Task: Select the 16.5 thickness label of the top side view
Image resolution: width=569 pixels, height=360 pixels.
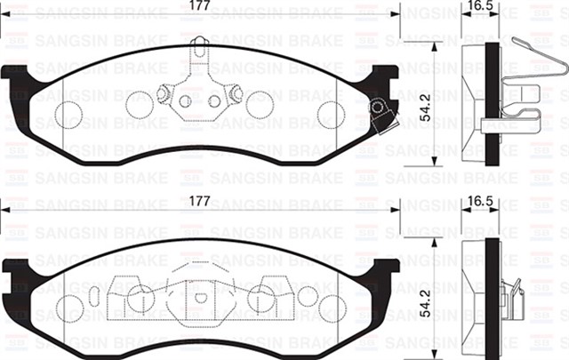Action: click(x=481, y=7)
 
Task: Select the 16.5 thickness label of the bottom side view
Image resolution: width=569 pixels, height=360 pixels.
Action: click(x=481, y=202)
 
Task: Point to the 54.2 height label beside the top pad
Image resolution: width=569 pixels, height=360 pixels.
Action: click(x=426, y=107)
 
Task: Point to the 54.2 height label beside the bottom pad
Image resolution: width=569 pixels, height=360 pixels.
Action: click(x=426, y=304)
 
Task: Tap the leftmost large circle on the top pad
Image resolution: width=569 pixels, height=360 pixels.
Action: click(x=68, y=111)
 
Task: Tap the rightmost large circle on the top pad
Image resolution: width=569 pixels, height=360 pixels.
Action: click(x=330, y=113)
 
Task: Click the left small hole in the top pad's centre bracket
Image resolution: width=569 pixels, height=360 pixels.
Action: click(x=185, y=101)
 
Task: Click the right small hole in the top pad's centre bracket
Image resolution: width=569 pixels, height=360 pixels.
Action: click(x=214, y=101)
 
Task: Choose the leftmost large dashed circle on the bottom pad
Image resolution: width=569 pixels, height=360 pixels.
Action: click(x=69, y=307)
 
